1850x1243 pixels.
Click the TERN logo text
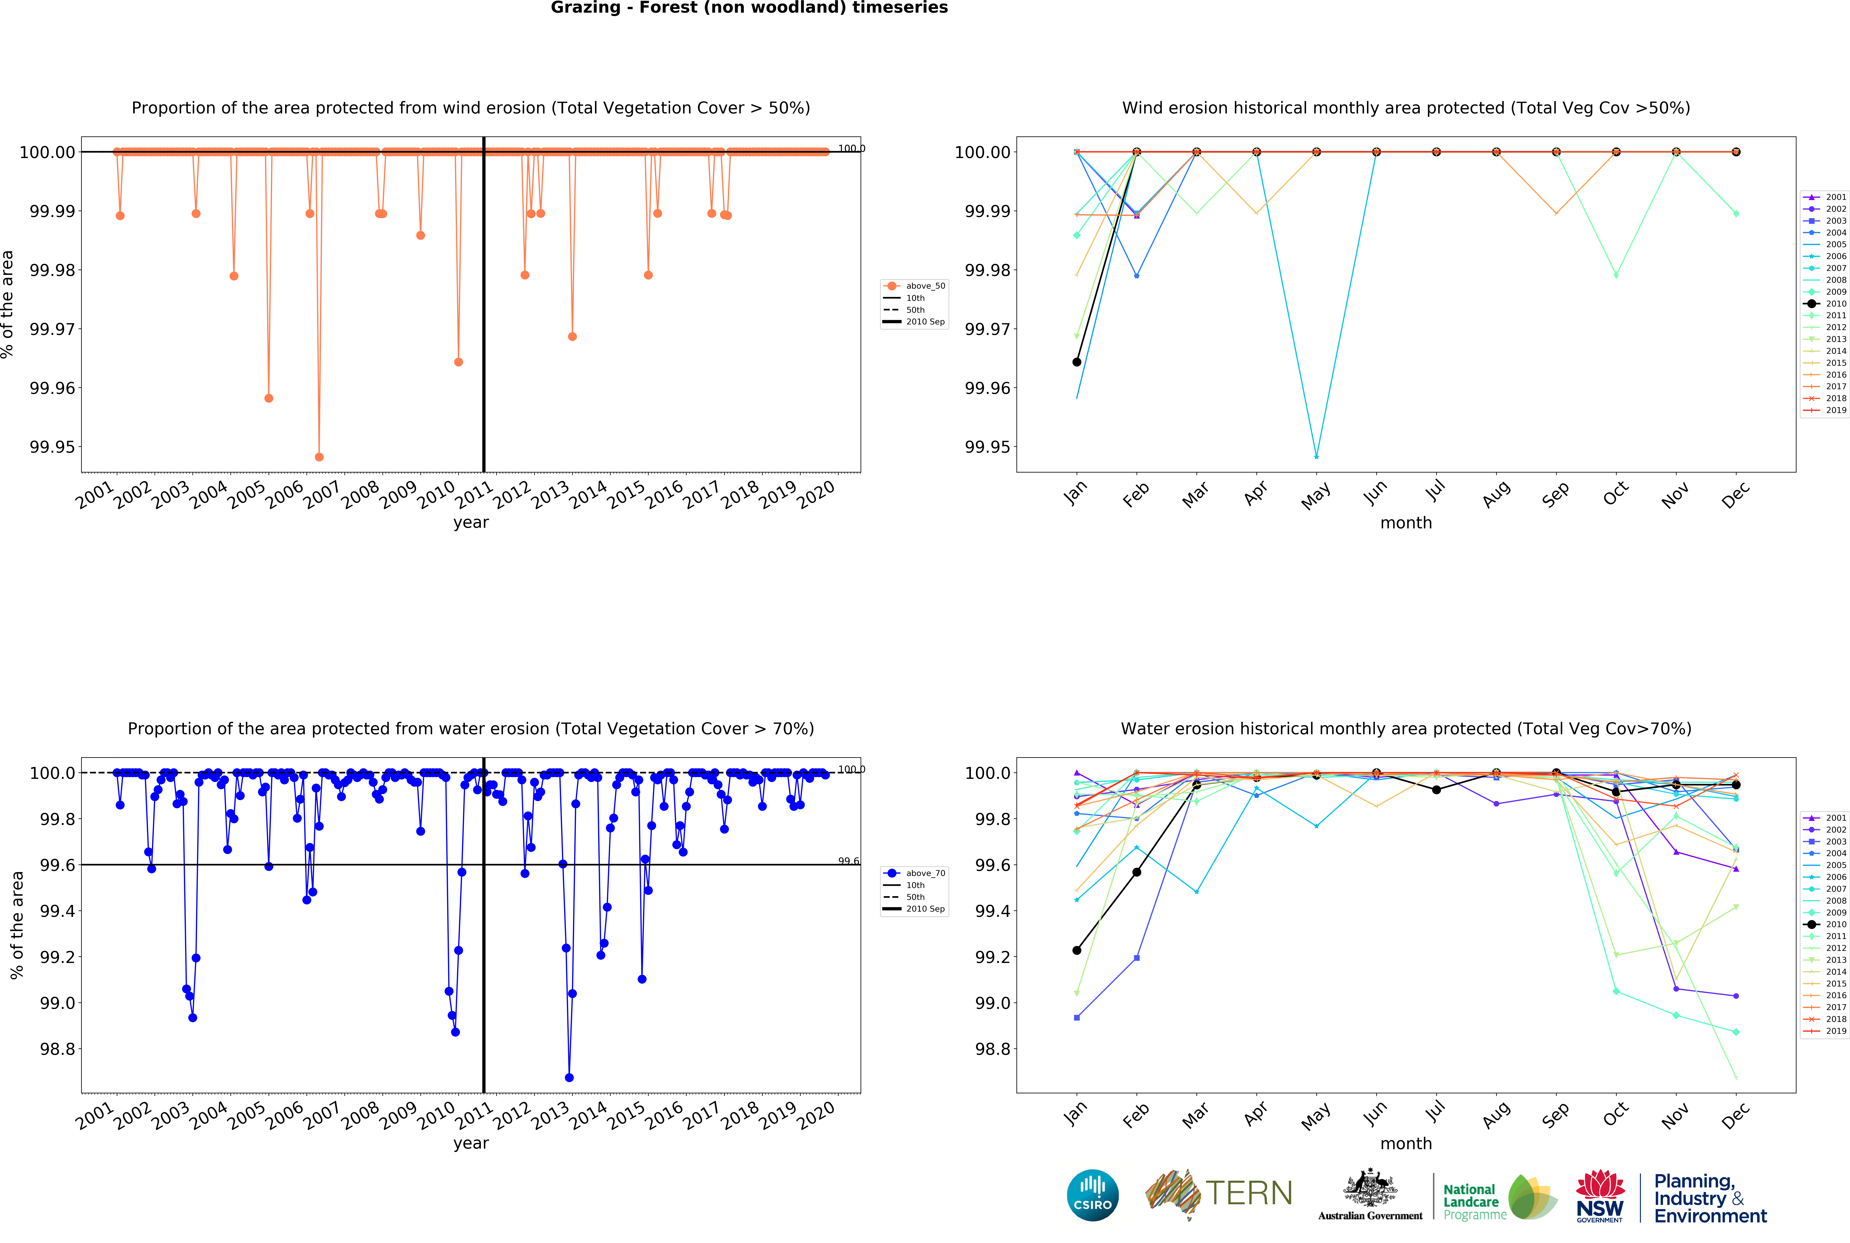pyautogui.click(x=1248, y=1193)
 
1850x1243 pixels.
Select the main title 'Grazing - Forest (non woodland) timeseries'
pyautogui.click(x=749, y=8)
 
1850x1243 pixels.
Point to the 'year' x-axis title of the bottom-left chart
pyautogui.click(x=471, y=1143)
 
